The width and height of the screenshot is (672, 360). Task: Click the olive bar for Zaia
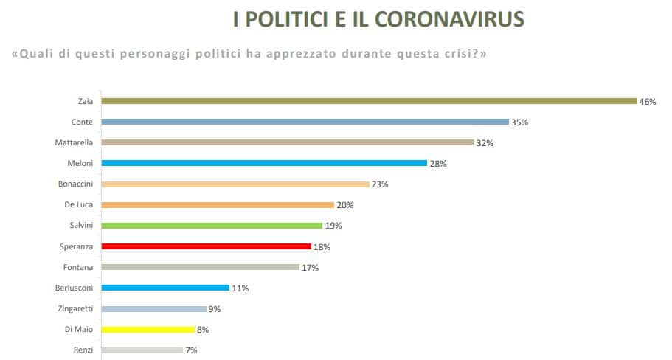(369, 101)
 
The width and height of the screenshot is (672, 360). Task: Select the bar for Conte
(305, 122)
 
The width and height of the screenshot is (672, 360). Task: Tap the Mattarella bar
(287, 142)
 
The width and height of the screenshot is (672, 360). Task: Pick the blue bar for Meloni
(264, 163)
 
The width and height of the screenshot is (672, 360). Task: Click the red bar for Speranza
(206, 246)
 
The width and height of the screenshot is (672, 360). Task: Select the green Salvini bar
(212, 226)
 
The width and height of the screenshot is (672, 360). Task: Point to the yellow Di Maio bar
(148, 330)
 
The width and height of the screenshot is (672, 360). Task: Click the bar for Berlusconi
(165, 288)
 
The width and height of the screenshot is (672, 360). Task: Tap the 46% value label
(648, 102)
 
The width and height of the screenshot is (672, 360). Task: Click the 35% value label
(520, 122)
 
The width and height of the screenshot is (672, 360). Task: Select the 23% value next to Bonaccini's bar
(380, 184)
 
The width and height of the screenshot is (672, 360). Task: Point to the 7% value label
(191, 350)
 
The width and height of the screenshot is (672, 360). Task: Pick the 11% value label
(240, 288)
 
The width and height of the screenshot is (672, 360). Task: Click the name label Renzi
(83, 350)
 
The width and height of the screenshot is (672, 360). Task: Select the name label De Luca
(80, 205)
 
